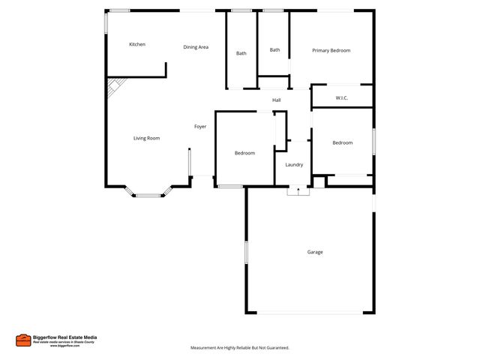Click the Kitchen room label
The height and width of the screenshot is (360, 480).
(x=137, y=44)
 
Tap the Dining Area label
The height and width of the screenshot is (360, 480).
(x=196, y=47)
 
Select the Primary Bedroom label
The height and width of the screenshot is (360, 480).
(x=331, y=50)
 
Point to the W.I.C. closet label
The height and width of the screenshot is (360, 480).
(x=341, y=97)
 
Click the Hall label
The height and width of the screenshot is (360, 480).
(x=276, y=100)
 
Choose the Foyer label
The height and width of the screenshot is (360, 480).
(x=200, y=127)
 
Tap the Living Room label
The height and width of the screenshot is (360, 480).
(x=146, y=138)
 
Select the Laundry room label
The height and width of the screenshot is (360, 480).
(x=293, y=165)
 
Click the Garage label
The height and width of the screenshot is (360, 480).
(x=315, y=252)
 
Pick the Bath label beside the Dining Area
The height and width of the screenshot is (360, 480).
(x=241, y=53)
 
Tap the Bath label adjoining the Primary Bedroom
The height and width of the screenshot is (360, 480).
(x=274, y=50)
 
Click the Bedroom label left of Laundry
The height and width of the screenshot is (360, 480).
(x=244, y=153)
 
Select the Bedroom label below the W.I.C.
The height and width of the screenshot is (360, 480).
(x=342, y=142)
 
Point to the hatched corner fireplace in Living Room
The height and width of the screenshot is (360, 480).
(x=112, y=89)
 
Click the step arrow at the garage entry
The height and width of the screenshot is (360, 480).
(x=298, y=191)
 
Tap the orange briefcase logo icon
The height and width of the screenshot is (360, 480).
(x=23, y=340)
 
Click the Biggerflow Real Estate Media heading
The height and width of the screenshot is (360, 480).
(x=65, y=337)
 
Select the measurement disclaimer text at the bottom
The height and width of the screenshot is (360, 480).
(x=239, y=348)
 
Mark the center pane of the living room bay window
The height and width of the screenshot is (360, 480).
(x=148, y=196)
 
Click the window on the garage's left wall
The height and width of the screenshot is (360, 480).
(x=245, y=252)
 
